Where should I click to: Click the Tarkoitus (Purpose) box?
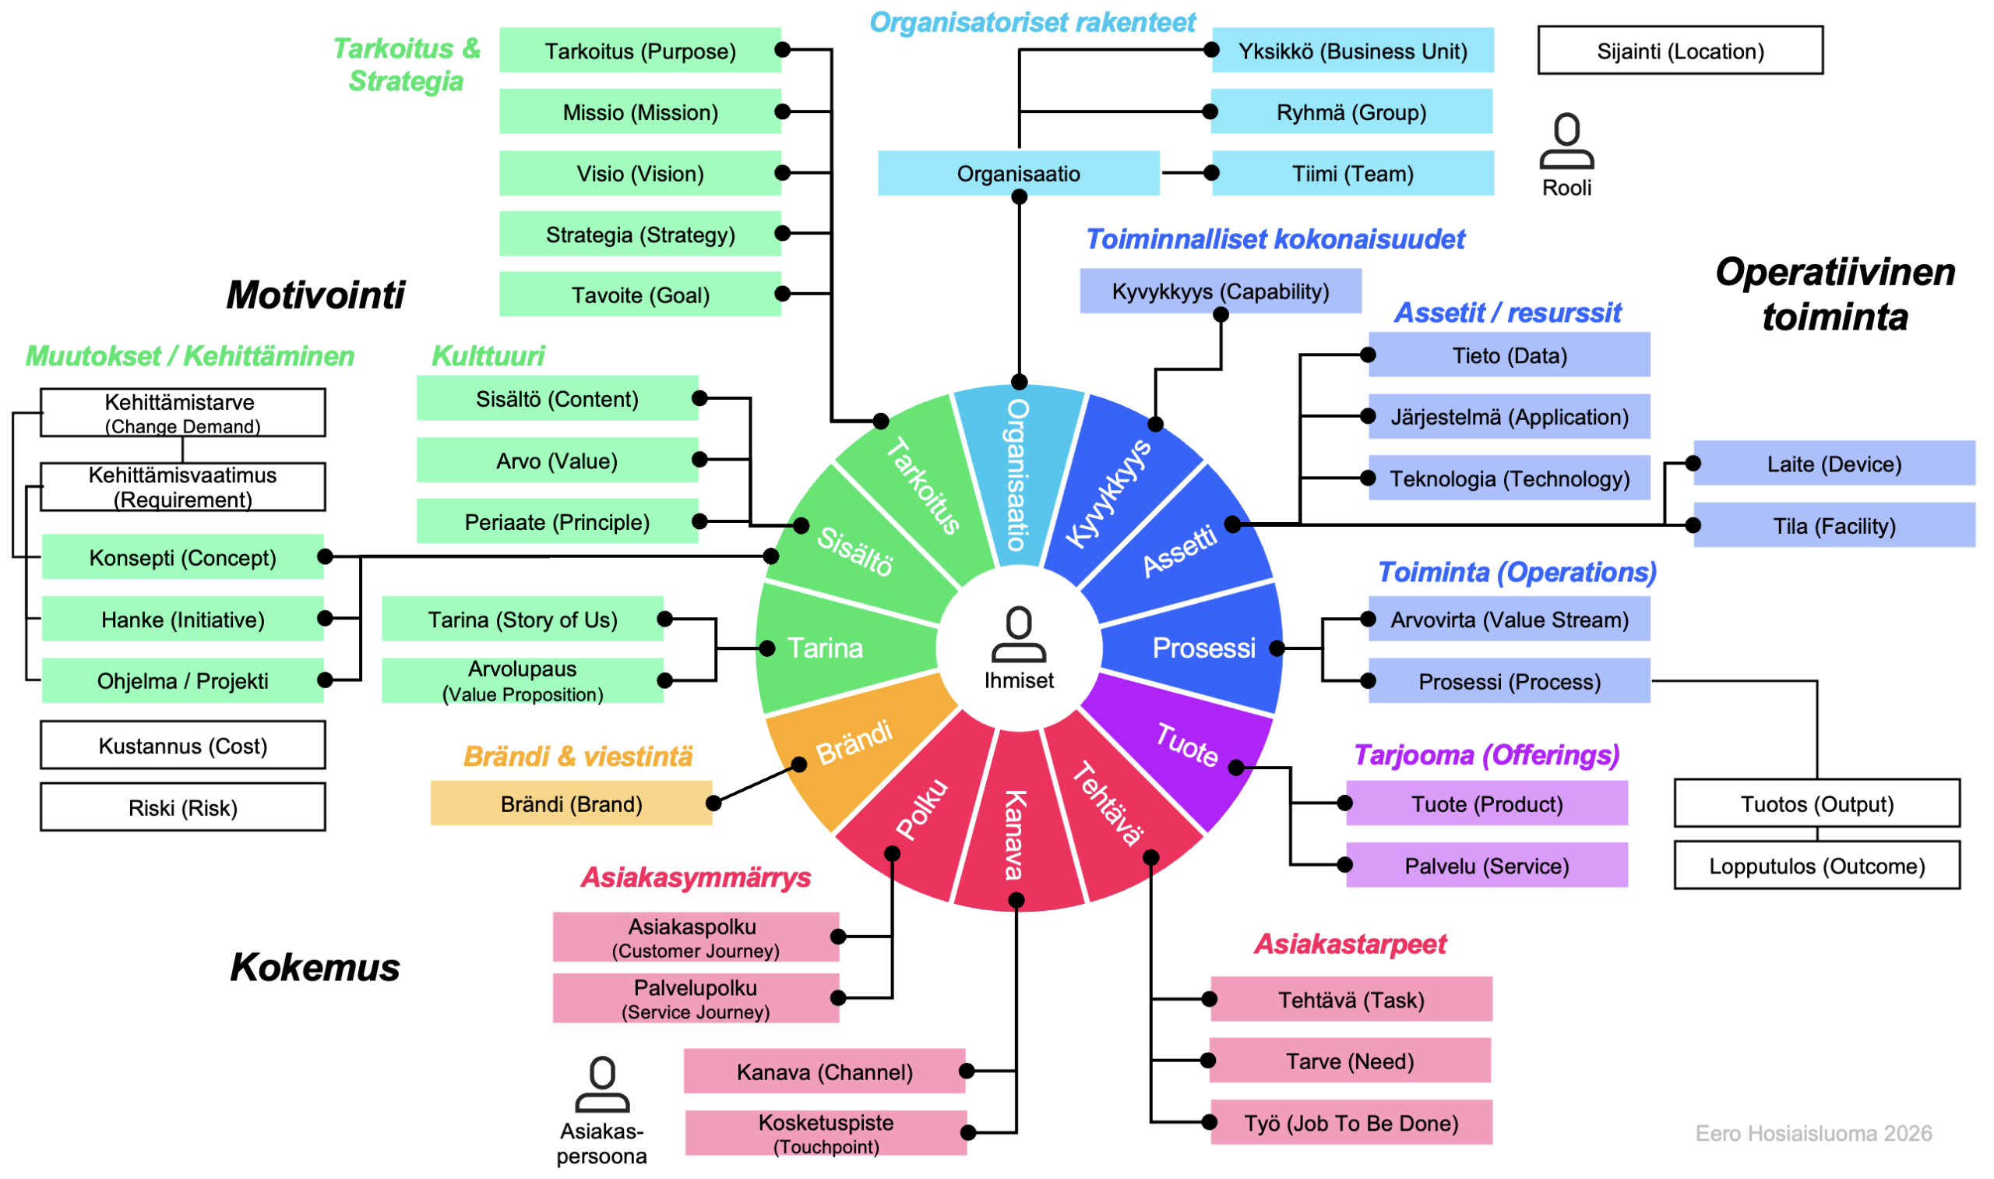tap(640, 50)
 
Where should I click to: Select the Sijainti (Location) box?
tap(1680, 50)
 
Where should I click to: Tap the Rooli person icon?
tap(1566, 140)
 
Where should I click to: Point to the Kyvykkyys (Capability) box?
tap(1220, 291)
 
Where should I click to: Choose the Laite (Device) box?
tap(1834, 463)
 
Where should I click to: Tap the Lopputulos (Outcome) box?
tap(1817, 865)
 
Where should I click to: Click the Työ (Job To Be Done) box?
tap(1351, 1122)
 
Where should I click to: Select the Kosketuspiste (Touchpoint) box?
tap(826, 1133)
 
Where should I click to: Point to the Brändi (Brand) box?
tap(571, 803)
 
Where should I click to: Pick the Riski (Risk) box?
tap(182, 807)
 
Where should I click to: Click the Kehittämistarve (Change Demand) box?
tap(182, 412)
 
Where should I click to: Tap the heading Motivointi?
tap(315, 295)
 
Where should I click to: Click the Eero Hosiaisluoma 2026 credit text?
tap(1813, 1133)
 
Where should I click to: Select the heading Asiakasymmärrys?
tap(696, 877)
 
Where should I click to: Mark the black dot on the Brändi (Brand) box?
tap(713, 803)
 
